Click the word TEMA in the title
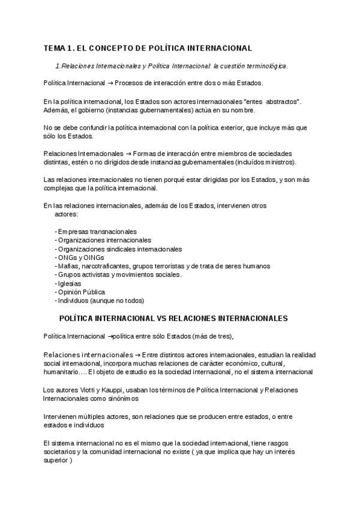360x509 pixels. tap(55, 47)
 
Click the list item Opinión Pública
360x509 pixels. tap(81, 292)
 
